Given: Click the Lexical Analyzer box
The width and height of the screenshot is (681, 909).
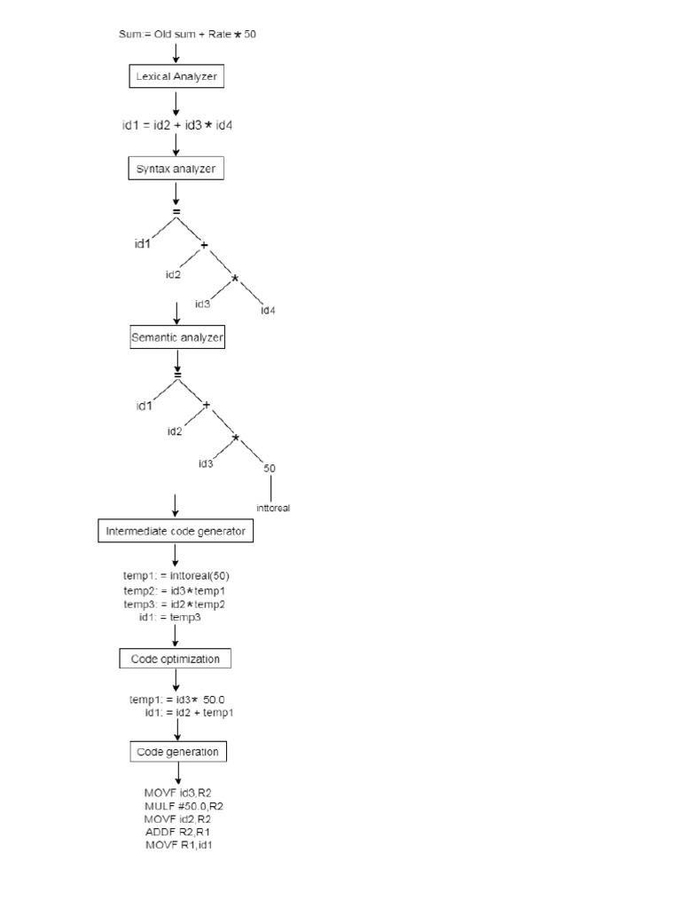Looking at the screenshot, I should [176, 77].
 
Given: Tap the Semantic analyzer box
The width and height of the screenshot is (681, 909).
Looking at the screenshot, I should [176, 337].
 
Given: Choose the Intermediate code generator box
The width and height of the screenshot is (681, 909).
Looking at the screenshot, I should [176, 532].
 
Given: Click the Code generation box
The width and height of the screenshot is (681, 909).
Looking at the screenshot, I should [177, 752].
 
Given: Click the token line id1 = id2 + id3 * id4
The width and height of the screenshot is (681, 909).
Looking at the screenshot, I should [177, 125].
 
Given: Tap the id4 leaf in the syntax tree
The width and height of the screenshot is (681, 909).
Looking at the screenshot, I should [269, 310].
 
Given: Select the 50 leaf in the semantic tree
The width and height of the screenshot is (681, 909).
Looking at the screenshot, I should [269, 467].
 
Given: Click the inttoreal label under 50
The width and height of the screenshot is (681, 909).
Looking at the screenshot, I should [273, 509].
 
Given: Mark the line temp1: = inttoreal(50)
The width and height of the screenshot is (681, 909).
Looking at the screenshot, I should [176, 575].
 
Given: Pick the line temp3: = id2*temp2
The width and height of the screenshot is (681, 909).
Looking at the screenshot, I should [176, 604].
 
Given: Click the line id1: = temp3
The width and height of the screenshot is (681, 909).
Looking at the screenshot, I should [170, 617].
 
